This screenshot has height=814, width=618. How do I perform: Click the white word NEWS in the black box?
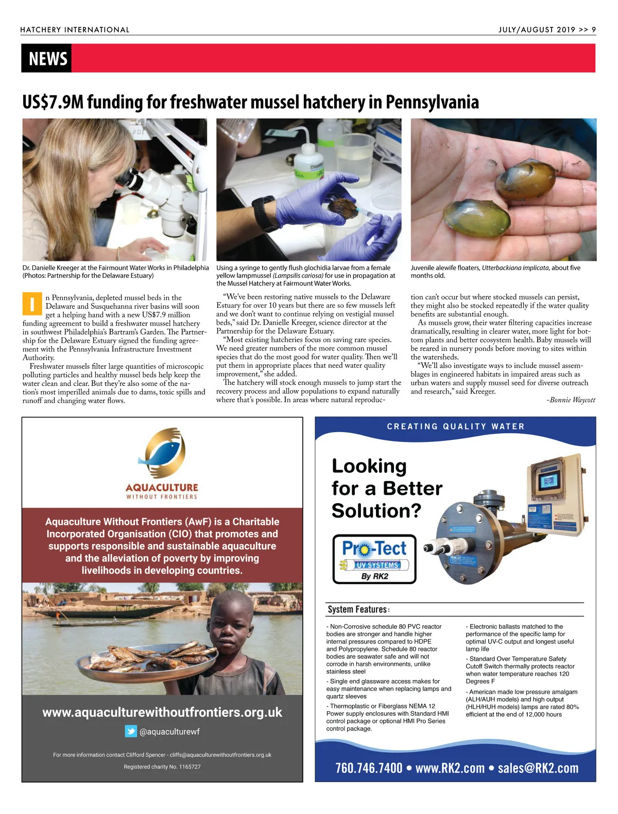click(x=48, y=59)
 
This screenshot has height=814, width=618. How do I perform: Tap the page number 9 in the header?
click(x=594, y=30)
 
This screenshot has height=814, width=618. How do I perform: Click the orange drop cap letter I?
click(x=31, y=304)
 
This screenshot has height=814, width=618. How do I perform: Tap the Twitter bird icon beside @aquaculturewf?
click(x=131, y=731)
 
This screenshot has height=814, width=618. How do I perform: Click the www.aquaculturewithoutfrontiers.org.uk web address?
click(x=162, y=712)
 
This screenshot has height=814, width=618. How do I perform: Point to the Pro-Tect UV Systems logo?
click(x=374, y=559)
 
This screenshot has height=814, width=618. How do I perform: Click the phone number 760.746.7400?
click(x=369, y=768)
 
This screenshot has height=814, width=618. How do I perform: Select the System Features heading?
click(x=358, y=610)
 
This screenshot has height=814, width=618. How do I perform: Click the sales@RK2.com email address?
click(x=538, y=768)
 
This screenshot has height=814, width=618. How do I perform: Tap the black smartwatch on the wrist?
click(x=264, y=214)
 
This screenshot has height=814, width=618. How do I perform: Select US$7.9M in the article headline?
click(x=53, y=102)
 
